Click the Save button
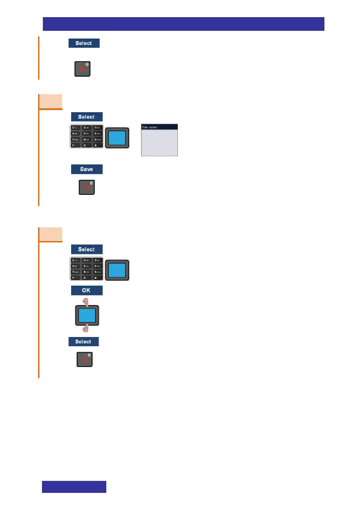[87, 169]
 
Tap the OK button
[87, 291]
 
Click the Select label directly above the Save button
[87, 117]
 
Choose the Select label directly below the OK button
[84, 342]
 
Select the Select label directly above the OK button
[87, 249]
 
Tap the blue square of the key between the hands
[86, 315]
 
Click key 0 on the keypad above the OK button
[86, 278]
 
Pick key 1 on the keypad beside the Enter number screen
[75, 128]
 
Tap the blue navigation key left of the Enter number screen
[117, 138]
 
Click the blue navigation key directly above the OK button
[117, 270]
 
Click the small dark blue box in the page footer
[74, 487]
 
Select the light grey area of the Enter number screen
[159, 143]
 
